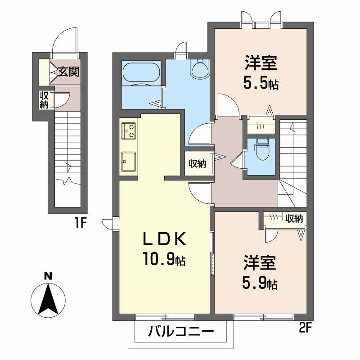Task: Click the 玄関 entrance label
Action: (x=68, y=72)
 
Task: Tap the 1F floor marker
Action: (x=80, y=223)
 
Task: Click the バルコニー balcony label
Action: (x=181, y=332)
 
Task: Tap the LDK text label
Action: (x=164, y=239)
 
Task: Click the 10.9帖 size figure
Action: (x=164, y=259)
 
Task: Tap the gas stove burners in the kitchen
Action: (x=129, y=130)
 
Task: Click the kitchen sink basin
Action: (x=128, y=162)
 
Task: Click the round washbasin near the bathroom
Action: (x=200, y=69)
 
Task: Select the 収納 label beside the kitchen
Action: (x=198, y=163)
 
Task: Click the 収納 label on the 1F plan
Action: (x=44, y=100)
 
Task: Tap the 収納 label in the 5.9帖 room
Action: (x=294, y=219)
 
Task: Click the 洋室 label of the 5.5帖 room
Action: (x=261, y=63)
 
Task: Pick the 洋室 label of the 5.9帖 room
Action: (x=260, y=263)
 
